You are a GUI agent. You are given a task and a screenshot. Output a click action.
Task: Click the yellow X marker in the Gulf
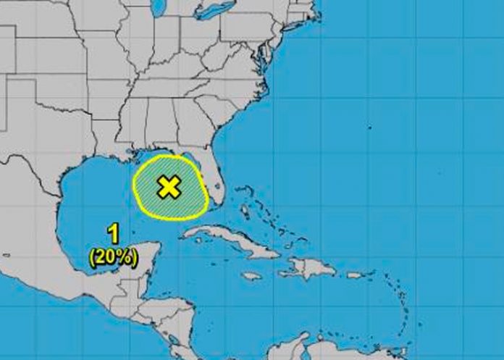(x=169, y=187)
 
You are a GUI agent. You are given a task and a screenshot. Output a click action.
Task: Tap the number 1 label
(x=113, y=233)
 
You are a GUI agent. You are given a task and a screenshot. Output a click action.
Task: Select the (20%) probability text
(x=114, y=256)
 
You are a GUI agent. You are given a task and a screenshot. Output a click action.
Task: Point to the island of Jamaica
(x=251, y=275)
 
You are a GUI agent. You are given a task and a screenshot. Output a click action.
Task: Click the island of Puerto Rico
(x=356, y=275)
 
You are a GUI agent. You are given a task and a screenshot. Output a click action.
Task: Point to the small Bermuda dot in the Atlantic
(x=369, y=128)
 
